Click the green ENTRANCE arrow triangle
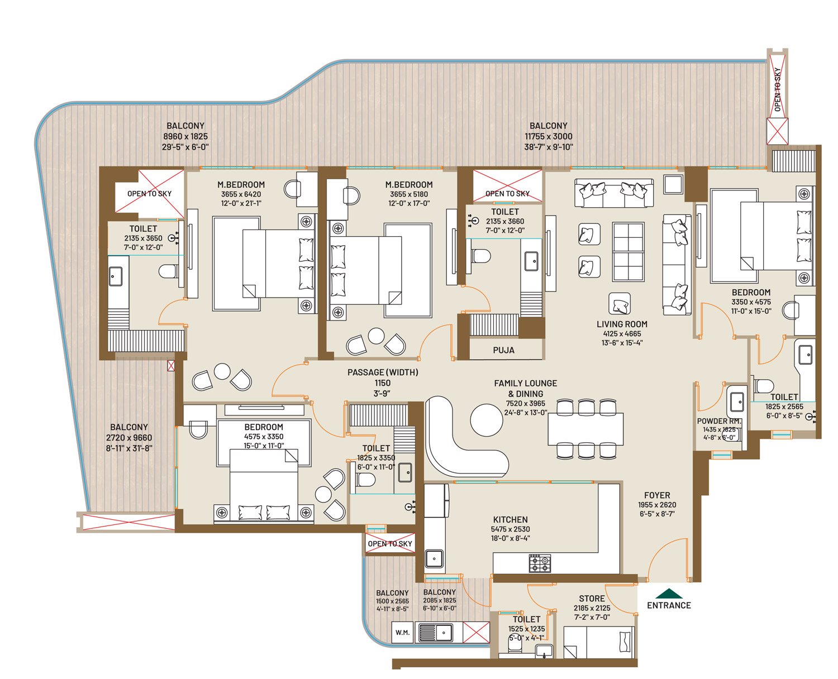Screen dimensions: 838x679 (668, 594)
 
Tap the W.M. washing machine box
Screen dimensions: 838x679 (402, 633)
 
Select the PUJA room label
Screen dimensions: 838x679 (503, 350)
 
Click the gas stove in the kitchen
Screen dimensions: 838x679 (539, 563)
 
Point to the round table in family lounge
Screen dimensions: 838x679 (486, 420)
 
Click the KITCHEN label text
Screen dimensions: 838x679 (510, 519)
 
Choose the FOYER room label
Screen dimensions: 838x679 (656, 495)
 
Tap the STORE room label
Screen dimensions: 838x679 (591, 599)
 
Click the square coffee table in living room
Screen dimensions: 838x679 (628, 252)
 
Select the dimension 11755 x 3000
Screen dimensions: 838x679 (548, 136)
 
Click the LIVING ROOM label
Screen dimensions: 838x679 (622, 324)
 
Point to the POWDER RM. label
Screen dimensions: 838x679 (718, 421)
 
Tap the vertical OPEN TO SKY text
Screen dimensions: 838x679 (777, 90)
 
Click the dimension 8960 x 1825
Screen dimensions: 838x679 (185, 136)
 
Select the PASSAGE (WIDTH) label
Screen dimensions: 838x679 (383, 372)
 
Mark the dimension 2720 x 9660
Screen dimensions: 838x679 (128, 438)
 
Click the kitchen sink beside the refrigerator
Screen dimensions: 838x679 (434, 558)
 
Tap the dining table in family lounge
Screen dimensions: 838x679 (585, 428)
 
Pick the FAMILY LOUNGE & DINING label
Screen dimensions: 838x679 (525, 389)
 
